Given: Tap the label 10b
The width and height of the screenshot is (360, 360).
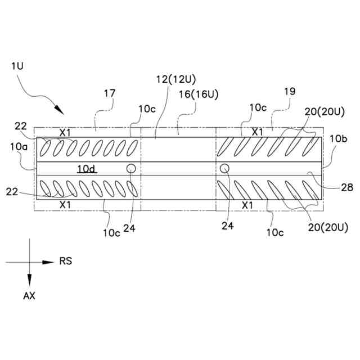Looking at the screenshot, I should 339,138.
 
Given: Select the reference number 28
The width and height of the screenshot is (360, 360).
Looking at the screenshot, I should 347,187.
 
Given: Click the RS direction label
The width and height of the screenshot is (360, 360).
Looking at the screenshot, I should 66,262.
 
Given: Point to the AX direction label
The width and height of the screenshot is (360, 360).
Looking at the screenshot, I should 29,296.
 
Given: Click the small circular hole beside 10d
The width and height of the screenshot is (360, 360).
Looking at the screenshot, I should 131,168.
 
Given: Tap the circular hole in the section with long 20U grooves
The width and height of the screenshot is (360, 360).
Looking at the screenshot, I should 224,168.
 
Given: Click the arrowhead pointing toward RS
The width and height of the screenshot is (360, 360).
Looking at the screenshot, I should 50,262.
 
